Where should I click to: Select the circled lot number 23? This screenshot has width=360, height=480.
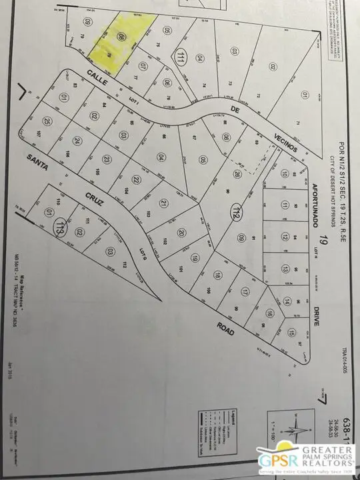(106, 161)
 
